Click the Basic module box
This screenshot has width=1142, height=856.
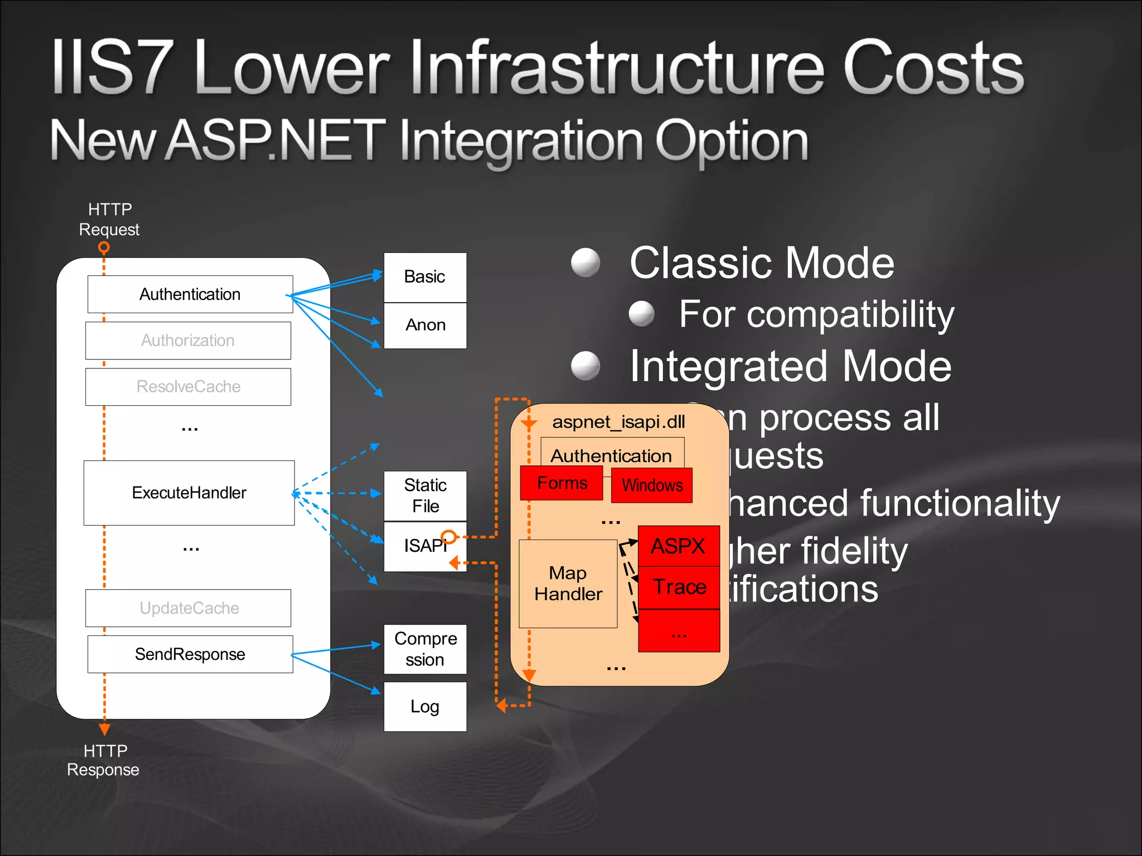point(425,277)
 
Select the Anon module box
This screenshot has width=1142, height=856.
point(425,325)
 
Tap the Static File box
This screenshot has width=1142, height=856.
point(425,495)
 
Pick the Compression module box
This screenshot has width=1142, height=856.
point(425,649)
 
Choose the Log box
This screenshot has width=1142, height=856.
point(425,707)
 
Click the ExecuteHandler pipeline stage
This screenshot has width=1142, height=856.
point(189,493)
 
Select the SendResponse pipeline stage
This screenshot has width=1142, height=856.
point(190,654)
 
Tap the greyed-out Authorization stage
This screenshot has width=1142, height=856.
point(188,341)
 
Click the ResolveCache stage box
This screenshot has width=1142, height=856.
point(188,387)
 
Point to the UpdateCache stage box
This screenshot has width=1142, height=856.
point(188,608)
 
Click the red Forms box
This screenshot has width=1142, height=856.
point(562,483)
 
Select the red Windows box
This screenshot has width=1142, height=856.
point(652,485)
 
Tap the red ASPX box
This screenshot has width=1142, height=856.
point(679,546)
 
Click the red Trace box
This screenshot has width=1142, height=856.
point(679,587)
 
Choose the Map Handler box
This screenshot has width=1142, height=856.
point(568,583)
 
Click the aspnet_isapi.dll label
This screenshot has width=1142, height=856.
point(618,422)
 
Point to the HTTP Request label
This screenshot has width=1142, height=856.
point(109,219)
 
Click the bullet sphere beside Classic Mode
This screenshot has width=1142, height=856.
point(585,262)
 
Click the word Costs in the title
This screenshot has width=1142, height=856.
point(933,68)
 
